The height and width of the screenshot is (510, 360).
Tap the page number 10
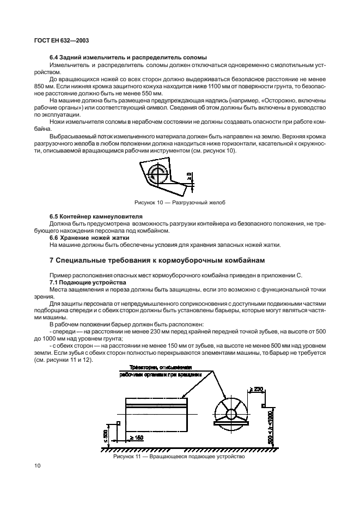(36, 466)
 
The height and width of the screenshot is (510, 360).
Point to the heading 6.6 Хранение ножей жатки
(84, 237)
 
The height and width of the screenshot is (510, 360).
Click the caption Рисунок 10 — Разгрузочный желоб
(180, 203)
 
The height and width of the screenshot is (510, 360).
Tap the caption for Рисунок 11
(179, 457)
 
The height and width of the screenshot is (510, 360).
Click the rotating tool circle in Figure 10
(159, 175)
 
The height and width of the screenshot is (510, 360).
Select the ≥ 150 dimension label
(137, 438)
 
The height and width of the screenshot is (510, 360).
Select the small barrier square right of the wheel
(263, 405)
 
